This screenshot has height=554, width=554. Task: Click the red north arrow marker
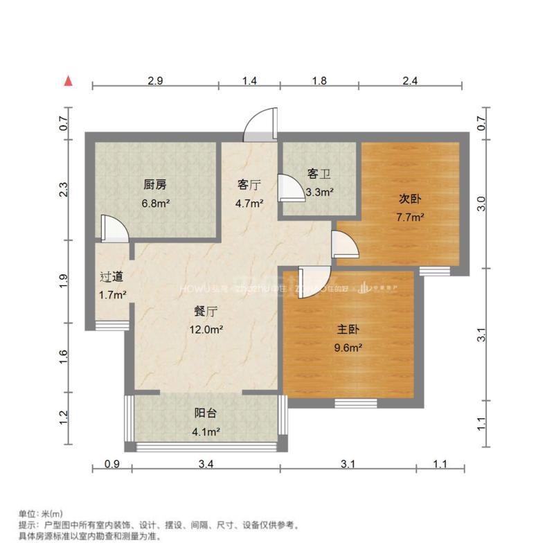pos(69,81)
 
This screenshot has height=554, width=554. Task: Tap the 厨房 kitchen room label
pos(155,185)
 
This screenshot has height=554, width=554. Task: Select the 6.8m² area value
pos(156,204)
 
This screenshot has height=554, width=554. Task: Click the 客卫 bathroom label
pos(319,175)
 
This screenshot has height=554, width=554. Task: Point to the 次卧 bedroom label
pos(410,198)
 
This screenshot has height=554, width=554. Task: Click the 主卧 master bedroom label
pos(350,330)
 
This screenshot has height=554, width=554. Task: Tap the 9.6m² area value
pos(350,349)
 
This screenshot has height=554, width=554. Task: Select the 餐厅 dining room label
pos(207,312)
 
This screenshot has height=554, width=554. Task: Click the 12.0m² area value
pos(207,330)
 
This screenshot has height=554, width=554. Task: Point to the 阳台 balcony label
pos(206,413)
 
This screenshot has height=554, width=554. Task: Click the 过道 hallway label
pos(112,277)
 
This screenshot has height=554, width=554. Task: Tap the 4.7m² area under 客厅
pos(249,204)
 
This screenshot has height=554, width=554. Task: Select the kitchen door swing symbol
pos(111,228)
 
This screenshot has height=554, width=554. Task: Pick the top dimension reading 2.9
pos(155,81)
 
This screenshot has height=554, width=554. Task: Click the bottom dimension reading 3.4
pos(205,465)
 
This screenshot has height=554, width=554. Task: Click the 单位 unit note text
pos(40,514)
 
